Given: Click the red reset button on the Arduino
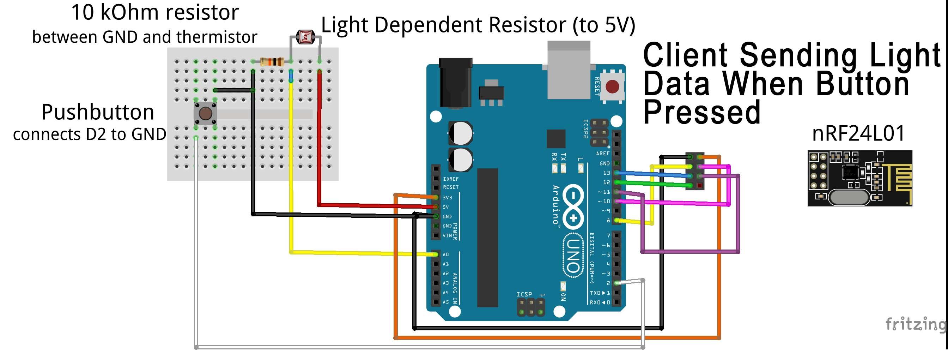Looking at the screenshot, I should coord(612,87).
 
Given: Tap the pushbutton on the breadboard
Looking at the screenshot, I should coord(205,113).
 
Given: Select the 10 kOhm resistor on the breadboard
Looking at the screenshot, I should coord(272,62).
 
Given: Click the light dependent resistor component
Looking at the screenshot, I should coord(305,37).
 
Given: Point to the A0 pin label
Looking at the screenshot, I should coord(446,254).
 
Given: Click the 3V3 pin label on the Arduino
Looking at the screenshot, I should coord(447,198).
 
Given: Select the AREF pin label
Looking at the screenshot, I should coord(603,154).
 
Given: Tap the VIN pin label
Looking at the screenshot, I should coord(447,235).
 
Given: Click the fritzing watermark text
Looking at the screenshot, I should coord(915,324).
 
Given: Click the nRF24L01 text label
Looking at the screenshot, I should coord(858,133).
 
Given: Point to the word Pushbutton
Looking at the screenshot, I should coord(98,112).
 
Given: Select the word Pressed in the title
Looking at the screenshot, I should coord(701,113).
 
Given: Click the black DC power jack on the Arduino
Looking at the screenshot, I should coord(455,83).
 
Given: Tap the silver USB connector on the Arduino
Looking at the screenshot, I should coord(569,70).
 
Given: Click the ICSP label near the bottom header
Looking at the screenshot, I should coord(524,294).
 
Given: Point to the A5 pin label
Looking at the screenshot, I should coord(446,302).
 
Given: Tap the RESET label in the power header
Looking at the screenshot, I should coord(451,187).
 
